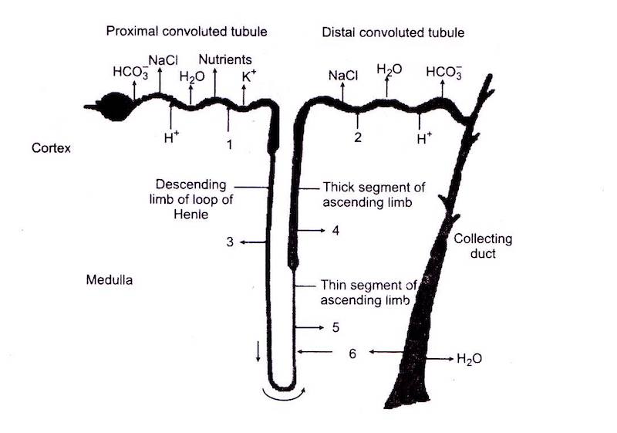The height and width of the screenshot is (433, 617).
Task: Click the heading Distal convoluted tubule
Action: pos(393,32)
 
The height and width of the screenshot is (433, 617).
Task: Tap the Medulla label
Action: pos(109,280)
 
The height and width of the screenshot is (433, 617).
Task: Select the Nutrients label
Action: pos(225,59)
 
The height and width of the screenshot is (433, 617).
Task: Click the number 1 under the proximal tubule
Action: pos(228,143)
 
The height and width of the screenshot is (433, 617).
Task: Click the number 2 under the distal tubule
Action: pos(358,137)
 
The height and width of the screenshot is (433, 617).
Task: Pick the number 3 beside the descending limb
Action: pos(230,242)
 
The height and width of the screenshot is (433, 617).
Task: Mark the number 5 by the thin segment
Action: pos(335,327)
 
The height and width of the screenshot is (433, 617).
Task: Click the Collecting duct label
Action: pos(483,246)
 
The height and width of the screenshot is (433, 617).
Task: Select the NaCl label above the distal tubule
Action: pos(343,76)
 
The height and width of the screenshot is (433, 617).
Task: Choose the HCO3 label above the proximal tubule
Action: pos(126,72)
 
